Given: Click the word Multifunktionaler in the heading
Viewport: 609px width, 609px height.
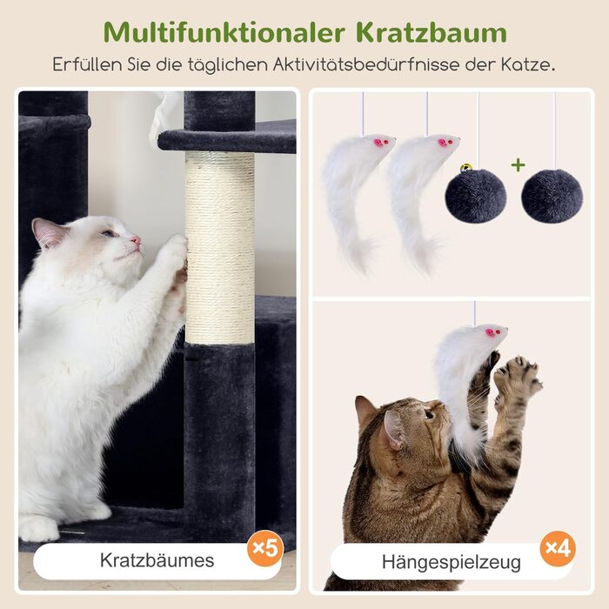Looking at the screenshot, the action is [224, 33].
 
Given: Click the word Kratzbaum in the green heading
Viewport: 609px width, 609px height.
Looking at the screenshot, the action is [432, 33].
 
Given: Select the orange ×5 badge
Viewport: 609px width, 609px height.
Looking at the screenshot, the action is [265, 548].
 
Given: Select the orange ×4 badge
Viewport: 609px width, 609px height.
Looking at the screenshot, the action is [559, 548].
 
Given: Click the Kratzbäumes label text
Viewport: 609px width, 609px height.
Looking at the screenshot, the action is [157, 560].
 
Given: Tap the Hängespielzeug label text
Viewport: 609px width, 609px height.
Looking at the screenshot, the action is [452, 562].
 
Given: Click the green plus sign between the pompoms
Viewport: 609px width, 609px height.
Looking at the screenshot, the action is [519, 165].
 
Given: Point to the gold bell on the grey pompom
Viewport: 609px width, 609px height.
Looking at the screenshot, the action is [465, 168].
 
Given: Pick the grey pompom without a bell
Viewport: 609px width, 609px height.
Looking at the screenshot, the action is [552, 196].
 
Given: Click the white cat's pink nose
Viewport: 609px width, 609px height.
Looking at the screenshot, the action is [136, 240].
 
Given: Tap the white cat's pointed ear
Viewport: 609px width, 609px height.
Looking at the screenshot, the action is [45, 232].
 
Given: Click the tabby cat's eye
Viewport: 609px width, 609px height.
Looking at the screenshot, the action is [429, 413].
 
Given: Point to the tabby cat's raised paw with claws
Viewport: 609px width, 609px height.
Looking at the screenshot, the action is [518, 377].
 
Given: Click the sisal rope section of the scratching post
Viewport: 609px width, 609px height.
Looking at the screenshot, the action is [220, 247].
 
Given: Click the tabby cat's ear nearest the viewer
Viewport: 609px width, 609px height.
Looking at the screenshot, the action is [393, 429].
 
